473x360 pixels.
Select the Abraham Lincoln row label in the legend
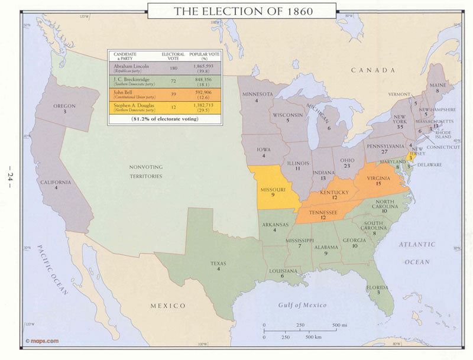tap(131, 66)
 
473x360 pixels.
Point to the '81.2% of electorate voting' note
tap(165, 119)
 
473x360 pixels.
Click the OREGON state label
tap(64, 106)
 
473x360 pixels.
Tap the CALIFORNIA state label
tap(56, 182)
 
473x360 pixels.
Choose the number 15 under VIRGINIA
tap(377, 184)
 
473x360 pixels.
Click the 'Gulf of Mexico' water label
tap(302, 304)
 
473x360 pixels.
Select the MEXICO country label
tap(168, 306)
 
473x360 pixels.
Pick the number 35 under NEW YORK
tap(400, 127)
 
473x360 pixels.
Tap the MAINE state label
tap(437, 85)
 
